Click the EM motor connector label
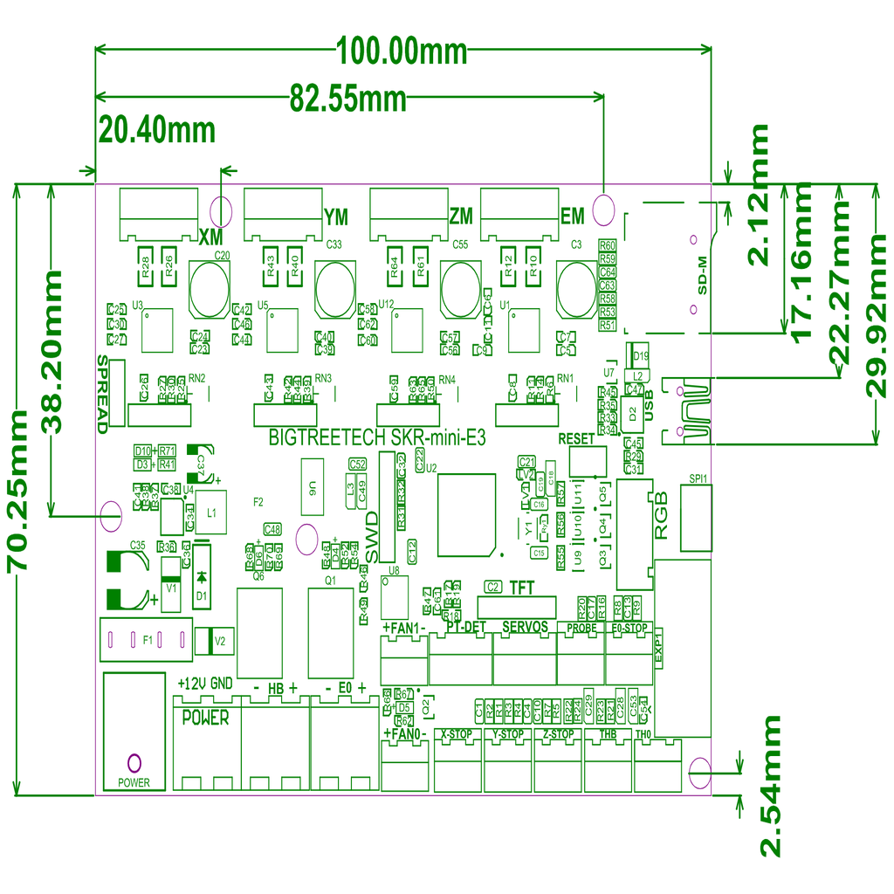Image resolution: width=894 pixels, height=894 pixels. point(572,216)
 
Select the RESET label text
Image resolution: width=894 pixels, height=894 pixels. point(575,438)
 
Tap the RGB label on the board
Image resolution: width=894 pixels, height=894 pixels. point(661,517)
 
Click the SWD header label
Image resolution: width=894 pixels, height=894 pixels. point(371,536)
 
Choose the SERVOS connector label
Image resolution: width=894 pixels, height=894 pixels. point(525,628)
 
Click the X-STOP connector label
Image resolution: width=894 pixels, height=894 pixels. point(456,734)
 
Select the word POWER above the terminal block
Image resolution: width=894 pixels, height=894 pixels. point(205,719)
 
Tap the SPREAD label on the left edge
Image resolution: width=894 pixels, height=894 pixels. point(103,394)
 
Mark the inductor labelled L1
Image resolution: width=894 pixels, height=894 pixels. point(210,512)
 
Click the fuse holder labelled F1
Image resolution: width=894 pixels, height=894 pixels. point(146,638)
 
